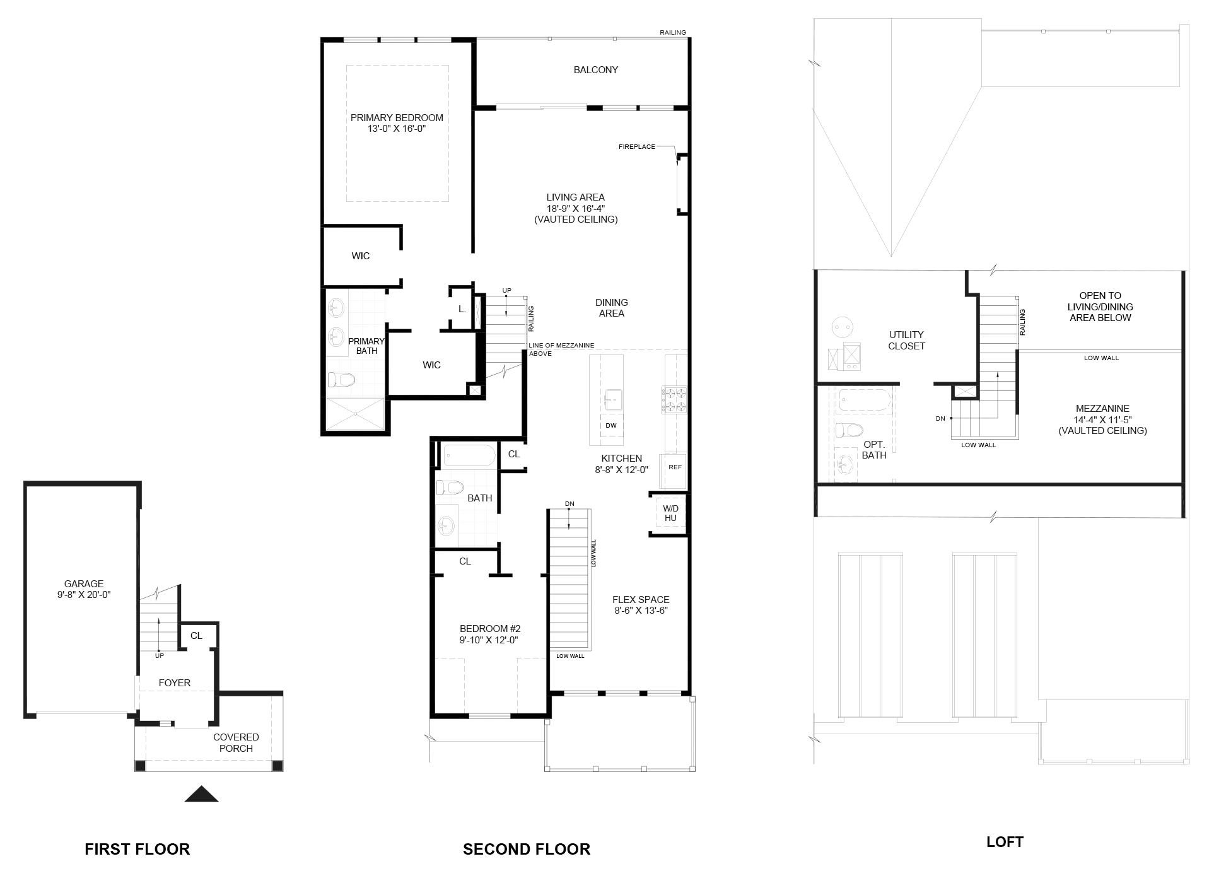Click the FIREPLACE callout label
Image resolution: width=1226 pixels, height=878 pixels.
[x=636, y=147]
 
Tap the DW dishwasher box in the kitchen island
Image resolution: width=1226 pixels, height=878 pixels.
[x=611, y=426]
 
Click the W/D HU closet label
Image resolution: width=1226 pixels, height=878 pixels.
[x=670, y=513]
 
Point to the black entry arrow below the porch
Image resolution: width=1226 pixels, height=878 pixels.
[x=201, y=795]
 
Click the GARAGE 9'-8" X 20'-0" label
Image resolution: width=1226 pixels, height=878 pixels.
[x=84, y=589]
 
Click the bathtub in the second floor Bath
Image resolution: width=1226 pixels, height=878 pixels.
[x=469, y=455]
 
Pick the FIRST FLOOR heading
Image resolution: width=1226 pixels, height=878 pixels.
[x=137, y=850]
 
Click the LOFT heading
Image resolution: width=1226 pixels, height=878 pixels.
[x=1005, y=842]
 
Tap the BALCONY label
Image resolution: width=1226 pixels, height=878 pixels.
[x=595, y=70]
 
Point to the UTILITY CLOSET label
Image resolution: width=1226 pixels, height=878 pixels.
[x=906, y=341]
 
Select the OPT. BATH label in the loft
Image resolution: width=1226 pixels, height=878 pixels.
[x=874, y=450]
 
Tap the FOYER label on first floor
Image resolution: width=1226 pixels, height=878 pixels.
[x=175, y=683]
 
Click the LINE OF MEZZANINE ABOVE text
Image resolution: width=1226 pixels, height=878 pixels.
[x=561, y=349]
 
